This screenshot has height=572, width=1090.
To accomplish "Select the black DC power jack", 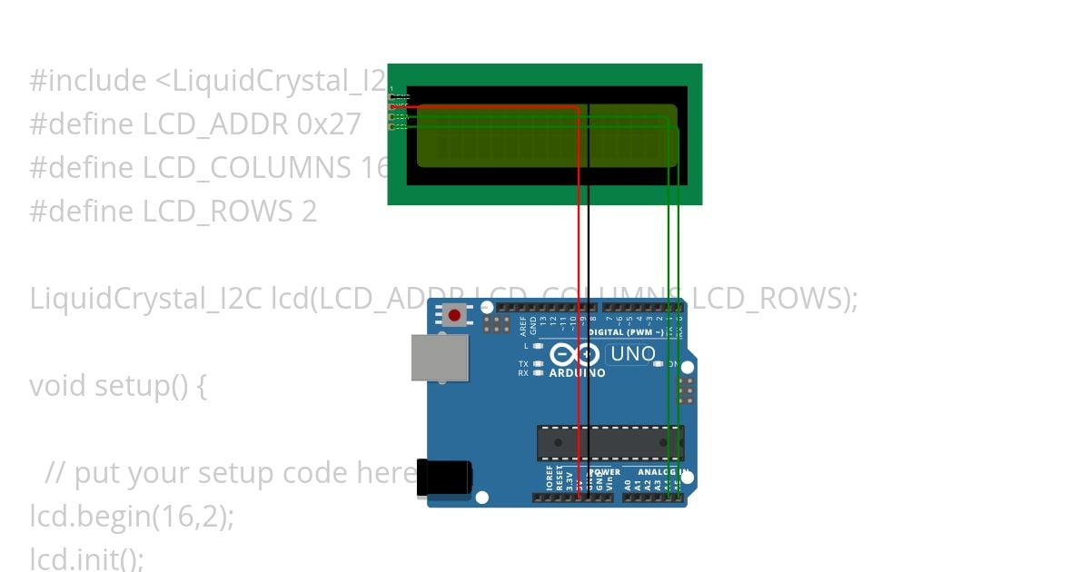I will (444, 478).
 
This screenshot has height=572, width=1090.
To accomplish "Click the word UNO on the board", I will (631, 354).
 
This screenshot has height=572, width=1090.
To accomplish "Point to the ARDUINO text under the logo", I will (577, 372).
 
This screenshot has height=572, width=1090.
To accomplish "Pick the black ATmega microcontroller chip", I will (609, 442).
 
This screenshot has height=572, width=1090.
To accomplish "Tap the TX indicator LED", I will (539, 363).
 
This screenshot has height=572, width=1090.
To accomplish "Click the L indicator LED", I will (539, 346).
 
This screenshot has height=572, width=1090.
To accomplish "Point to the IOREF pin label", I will (549, 479).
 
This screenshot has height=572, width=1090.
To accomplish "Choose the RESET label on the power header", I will (560, 479).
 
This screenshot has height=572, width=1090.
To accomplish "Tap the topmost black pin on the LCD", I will (392, 97).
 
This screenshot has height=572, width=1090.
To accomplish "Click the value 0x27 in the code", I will (328, 123).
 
